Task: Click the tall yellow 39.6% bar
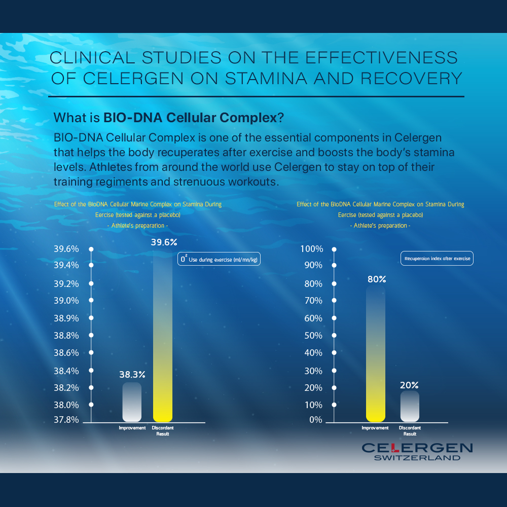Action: [x=163, y=335]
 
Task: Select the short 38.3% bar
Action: [x=132, y=402]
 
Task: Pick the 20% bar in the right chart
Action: [x=410, y=406]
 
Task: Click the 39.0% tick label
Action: [x=66, y=301]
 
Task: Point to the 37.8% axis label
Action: [x=66, y=420]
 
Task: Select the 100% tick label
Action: [x=311, y=249]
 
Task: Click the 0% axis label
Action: [x=315, y=420]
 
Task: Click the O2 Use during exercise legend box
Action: [x=219, y=259]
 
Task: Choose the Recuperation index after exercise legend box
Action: [x=437, y=259]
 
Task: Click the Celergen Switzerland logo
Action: [x=417, y=451]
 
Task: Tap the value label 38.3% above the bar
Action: [x=132, y=375]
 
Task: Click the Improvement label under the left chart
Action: [x=132, y=428]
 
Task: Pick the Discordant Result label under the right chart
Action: [x=410, y=431]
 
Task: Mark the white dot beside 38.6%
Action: [x=91, y=352]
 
